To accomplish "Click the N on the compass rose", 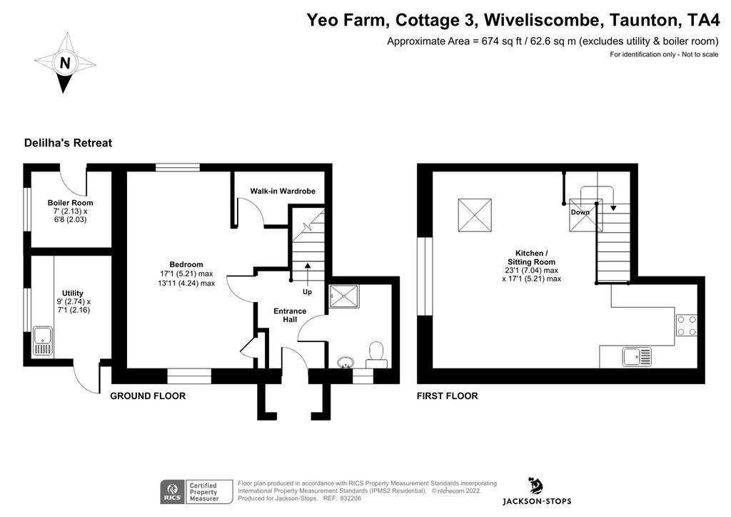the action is [x=65, y=62].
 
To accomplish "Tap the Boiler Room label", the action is [x=71, y=203].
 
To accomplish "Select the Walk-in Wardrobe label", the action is [x=283, y=191].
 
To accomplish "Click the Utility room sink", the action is [x=42, y=342].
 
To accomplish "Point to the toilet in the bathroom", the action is [x=376, y=354].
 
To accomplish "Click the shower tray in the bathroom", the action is [x=345, y=296].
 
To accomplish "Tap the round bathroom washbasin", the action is [x=346, y=362].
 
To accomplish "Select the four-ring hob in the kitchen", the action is [x=686, y=326].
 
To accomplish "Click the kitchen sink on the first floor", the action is [x=637, y=357].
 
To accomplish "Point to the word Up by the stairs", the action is [x=307, y=292].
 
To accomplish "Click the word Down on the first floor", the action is [x=580, y=212].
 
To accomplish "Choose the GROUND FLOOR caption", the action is [x=148, y=396].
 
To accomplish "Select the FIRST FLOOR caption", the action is [x=447, y=396].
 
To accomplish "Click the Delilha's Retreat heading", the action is [x=68, y=143].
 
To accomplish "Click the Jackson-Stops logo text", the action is [x=537, y=501].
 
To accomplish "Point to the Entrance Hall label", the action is [x=290, y=315].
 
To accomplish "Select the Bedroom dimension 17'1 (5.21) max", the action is [x=186, y=273].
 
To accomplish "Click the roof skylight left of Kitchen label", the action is [x=475, y=215].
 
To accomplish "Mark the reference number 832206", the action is [x=350, y=498].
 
